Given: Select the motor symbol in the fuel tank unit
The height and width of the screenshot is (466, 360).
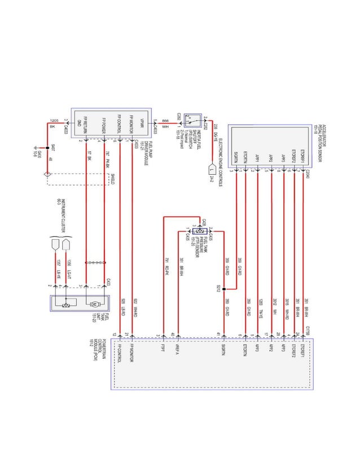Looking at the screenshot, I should [93, 304].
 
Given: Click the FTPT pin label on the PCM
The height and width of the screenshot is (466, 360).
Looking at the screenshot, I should [163, 345].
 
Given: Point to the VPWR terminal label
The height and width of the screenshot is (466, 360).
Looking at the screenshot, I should [142, 124].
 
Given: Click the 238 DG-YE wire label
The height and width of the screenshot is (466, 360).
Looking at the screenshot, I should [216, 130].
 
